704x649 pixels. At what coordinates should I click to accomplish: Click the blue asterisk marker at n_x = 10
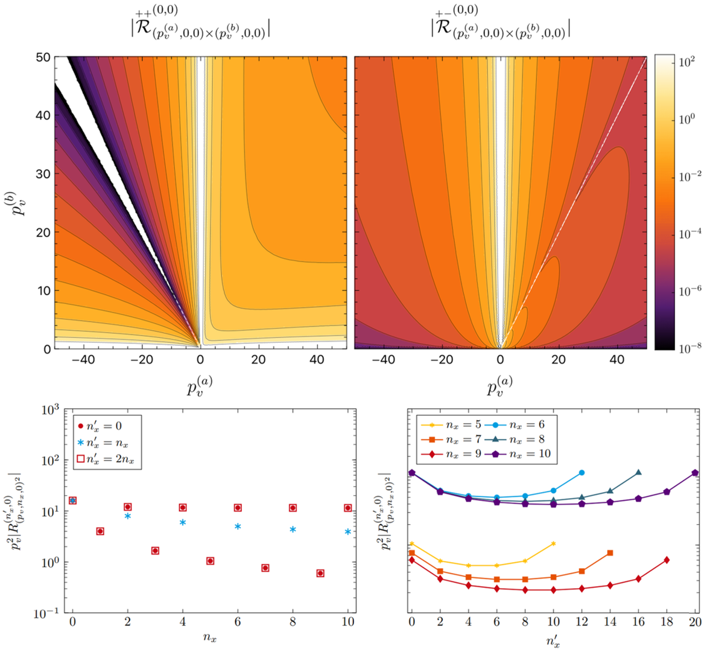347,532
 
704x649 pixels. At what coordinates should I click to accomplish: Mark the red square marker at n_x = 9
320,573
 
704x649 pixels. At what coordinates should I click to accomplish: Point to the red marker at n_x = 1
100,531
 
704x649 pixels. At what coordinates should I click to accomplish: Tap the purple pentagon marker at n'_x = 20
695,473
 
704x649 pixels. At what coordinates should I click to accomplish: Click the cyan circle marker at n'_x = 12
582,473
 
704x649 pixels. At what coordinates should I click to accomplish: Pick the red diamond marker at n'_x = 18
667,560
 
